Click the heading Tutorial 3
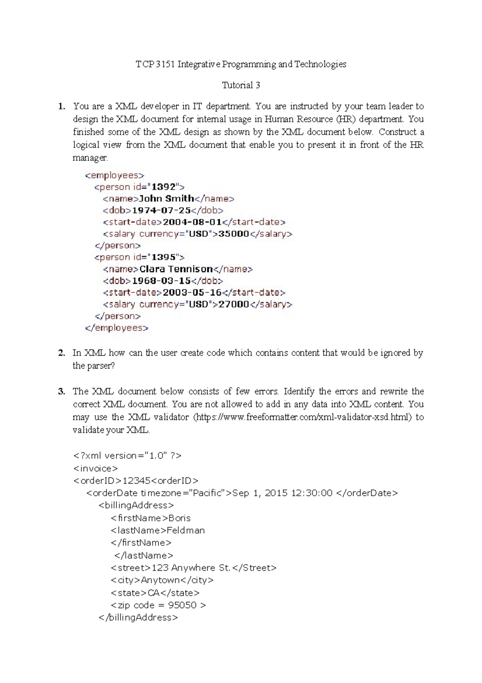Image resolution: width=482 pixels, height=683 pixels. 241,85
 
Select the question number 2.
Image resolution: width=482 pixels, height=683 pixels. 61,353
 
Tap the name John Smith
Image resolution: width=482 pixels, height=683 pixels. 166,199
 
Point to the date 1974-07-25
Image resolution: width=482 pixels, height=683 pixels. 161,210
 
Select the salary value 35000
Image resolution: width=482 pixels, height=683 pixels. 233,234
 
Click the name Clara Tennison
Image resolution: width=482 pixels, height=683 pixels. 176,269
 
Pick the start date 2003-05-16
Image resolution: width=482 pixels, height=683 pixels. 192,293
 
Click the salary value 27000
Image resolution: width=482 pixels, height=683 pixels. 233,304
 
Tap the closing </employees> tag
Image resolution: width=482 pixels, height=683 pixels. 116,328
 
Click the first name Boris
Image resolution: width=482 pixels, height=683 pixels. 180,518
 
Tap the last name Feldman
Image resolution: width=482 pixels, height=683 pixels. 186,531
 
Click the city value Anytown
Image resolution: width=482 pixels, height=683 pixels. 160,580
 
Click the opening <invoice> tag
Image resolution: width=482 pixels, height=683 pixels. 96,469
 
